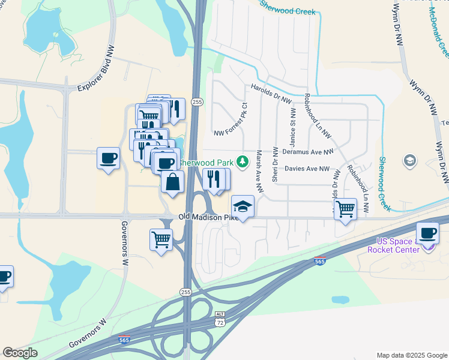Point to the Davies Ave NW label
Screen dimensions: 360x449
click(x=307, y=169)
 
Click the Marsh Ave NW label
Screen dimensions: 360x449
click(x=259, y=171)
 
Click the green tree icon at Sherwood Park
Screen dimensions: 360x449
click(x=242, y=161)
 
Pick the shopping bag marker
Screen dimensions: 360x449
click(x=172, y=182)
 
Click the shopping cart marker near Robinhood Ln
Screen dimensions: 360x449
click(x=345, y=209)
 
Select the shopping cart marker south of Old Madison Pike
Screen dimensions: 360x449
click(x=161, y=239)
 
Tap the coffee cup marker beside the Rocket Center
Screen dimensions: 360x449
click(x=427, y=233)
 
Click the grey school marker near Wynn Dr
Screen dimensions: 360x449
click(x=410, y=160)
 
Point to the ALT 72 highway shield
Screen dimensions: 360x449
click(x=220, y=319)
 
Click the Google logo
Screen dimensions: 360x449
click(x=20, y=353)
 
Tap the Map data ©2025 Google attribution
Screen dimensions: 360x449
click(x=411, y=355)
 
